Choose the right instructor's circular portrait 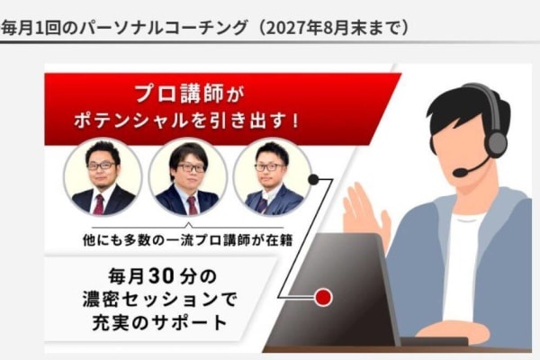pyautogui.click(x=272, y=176)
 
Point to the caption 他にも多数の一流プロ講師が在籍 pyautogui.click(x=187, y=239)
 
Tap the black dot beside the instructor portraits pyautogui.click(x=314, y=179)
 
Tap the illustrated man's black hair pyautogui.click(x=454, y=103)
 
